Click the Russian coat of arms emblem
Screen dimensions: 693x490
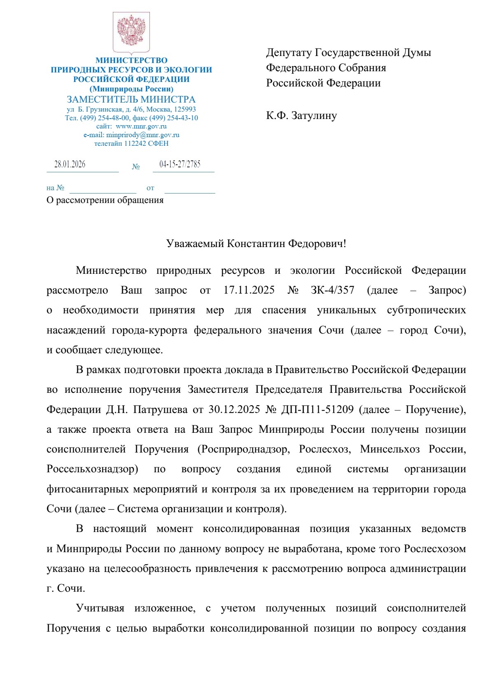click(x=131, y=31)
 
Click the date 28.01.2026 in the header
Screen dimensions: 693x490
click(x=70, y=164)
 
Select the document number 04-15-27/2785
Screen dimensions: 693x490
click(x=180, y=164)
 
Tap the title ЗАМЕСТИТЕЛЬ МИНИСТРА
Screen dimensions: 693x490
click(x=131, y=99)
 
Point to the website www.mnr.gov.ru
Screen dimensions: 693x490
click(x=141, y=126)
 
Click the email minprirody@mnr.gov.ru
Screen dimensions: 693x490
click(x=143, y=135)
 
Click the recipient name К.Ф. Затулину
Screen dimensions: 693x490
click(x=301, y=116)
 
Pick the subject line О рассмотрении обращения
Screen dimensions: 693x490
click(x=105, y=200)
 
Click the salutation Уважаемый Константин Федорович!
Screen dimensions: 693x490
click(x=256, y=244)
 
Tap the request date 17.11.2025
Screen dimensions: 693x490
click(x=249, y=290)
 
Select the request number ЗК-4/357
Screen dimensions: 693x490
click(x=332, y=290)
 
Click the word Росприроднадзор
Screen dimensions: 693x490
click(x=243, y=449)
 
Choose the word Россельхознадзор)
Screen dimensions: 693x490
click(x=92, y=469)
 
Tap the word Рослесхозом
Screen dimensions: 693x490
click(x=435, y=549)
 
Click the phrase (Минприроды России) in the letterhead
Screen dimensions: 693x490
click(x=131, y=89)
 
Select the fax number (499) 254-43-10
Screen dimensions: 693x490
click(x=173, y=118)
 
